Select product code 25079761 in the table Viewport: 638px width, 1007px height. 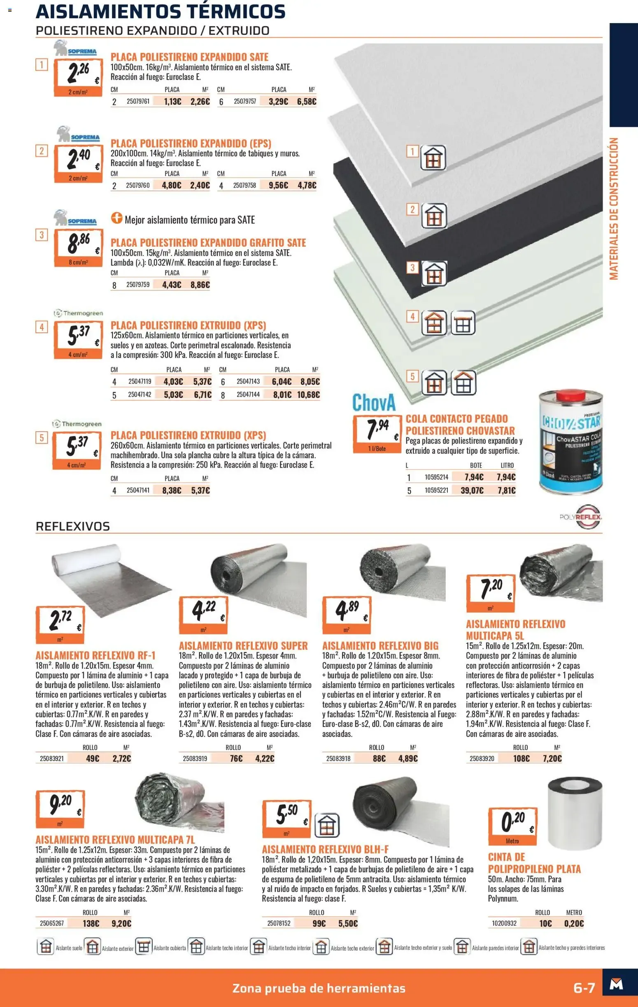coord(138,101)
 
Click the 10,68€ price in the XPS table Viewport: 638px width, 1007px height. coord(308,395)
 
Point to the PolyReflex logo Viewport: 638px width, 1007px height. coord(581,517)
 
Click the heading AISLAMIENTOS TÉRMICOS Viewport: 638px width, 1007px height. coord(161,11)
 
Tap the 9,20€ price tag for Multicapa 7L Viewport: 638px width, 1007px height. coord(60,809)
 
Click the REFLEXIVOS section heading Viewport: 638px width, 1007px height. coord(73,526)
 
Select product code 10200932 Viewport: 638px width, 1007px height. coord(504,923)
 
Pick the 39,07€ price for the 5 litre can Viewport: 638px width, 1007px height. coord(472,490)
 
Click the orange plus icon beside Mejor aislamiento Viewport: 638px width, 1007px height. coord(116,218)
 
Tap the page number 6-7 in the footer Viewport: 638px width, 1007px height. coord(584,988)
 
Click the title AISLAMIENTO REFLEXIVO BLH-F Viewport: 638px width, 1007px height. coord(325,849)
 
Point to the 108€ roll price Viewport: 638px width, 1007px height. coord(521,758)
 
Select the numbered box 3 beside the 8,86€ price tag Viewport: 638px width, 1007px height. coord(42,235)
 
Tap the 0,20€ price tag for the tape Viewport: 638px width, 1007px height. coord(512,826)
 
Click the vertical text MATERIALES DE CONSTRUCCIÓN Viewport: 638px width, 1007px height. coord(613,209)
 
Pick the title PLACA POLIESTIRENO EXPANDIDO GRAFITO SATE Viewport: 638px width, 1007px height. coord(208,243)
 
